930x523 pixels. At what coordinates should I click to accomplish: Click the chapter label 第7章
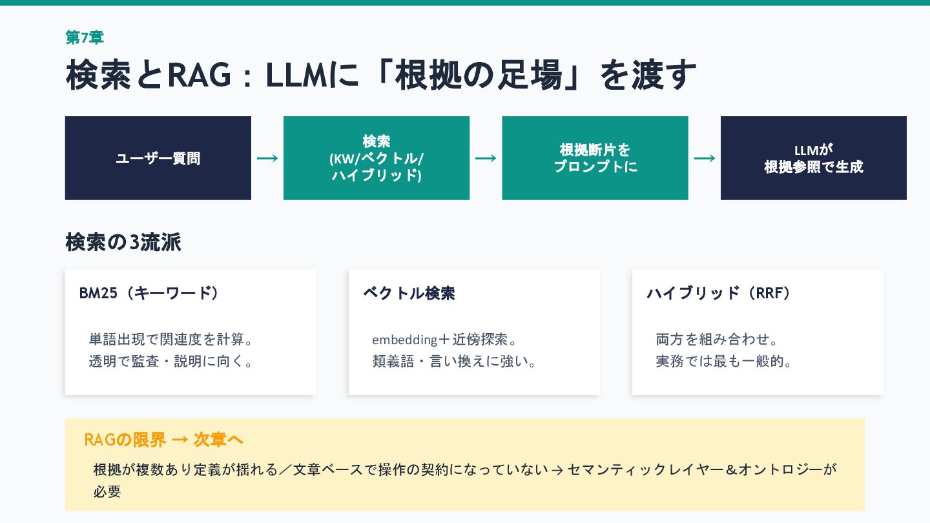85,37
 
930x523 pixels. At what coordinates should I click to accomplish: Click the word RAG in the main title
199,75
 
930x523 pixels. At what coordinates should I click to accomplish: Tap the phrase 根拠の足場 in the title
478,75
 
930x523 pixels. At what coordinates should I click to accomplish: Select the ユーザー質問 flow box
158,158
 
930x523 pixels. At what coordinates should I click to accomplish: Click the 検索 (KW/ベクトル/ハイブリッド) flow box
376,158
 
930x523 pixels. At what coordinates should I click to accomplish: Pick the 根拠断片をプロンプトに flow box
595,158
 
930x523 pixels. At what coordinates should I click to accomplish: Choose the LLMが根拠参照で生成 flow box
813,158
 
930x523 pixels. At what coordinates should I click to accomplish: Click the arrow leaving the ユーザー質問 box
267,158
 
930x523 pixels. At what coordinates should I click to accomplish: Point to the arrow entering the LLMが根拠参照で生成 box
705,158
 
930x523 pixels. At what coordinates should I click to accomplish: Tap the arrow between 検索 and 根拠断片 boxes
486,158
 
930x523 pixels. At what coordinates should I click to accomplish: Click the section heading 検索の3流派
123,242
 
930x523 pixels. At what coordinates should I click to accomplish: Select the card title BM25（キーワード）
150,293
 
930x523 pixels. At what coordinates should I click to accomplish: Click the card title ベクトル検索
409,293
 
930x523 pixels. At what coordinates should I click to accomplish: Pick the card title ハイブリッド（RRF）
719,293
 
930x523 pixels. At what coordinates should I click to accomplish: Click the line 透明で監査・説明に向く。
171,361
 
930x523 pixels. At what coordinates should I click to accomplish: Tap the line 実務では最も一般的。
724,361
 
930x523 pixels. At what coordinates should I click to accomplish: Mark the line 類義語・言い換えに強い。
455,361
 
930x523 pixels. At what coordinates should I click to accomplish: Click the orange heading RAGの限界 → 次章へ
164,440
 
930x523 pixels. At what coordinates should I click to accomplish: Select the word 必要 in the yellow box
107,491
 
